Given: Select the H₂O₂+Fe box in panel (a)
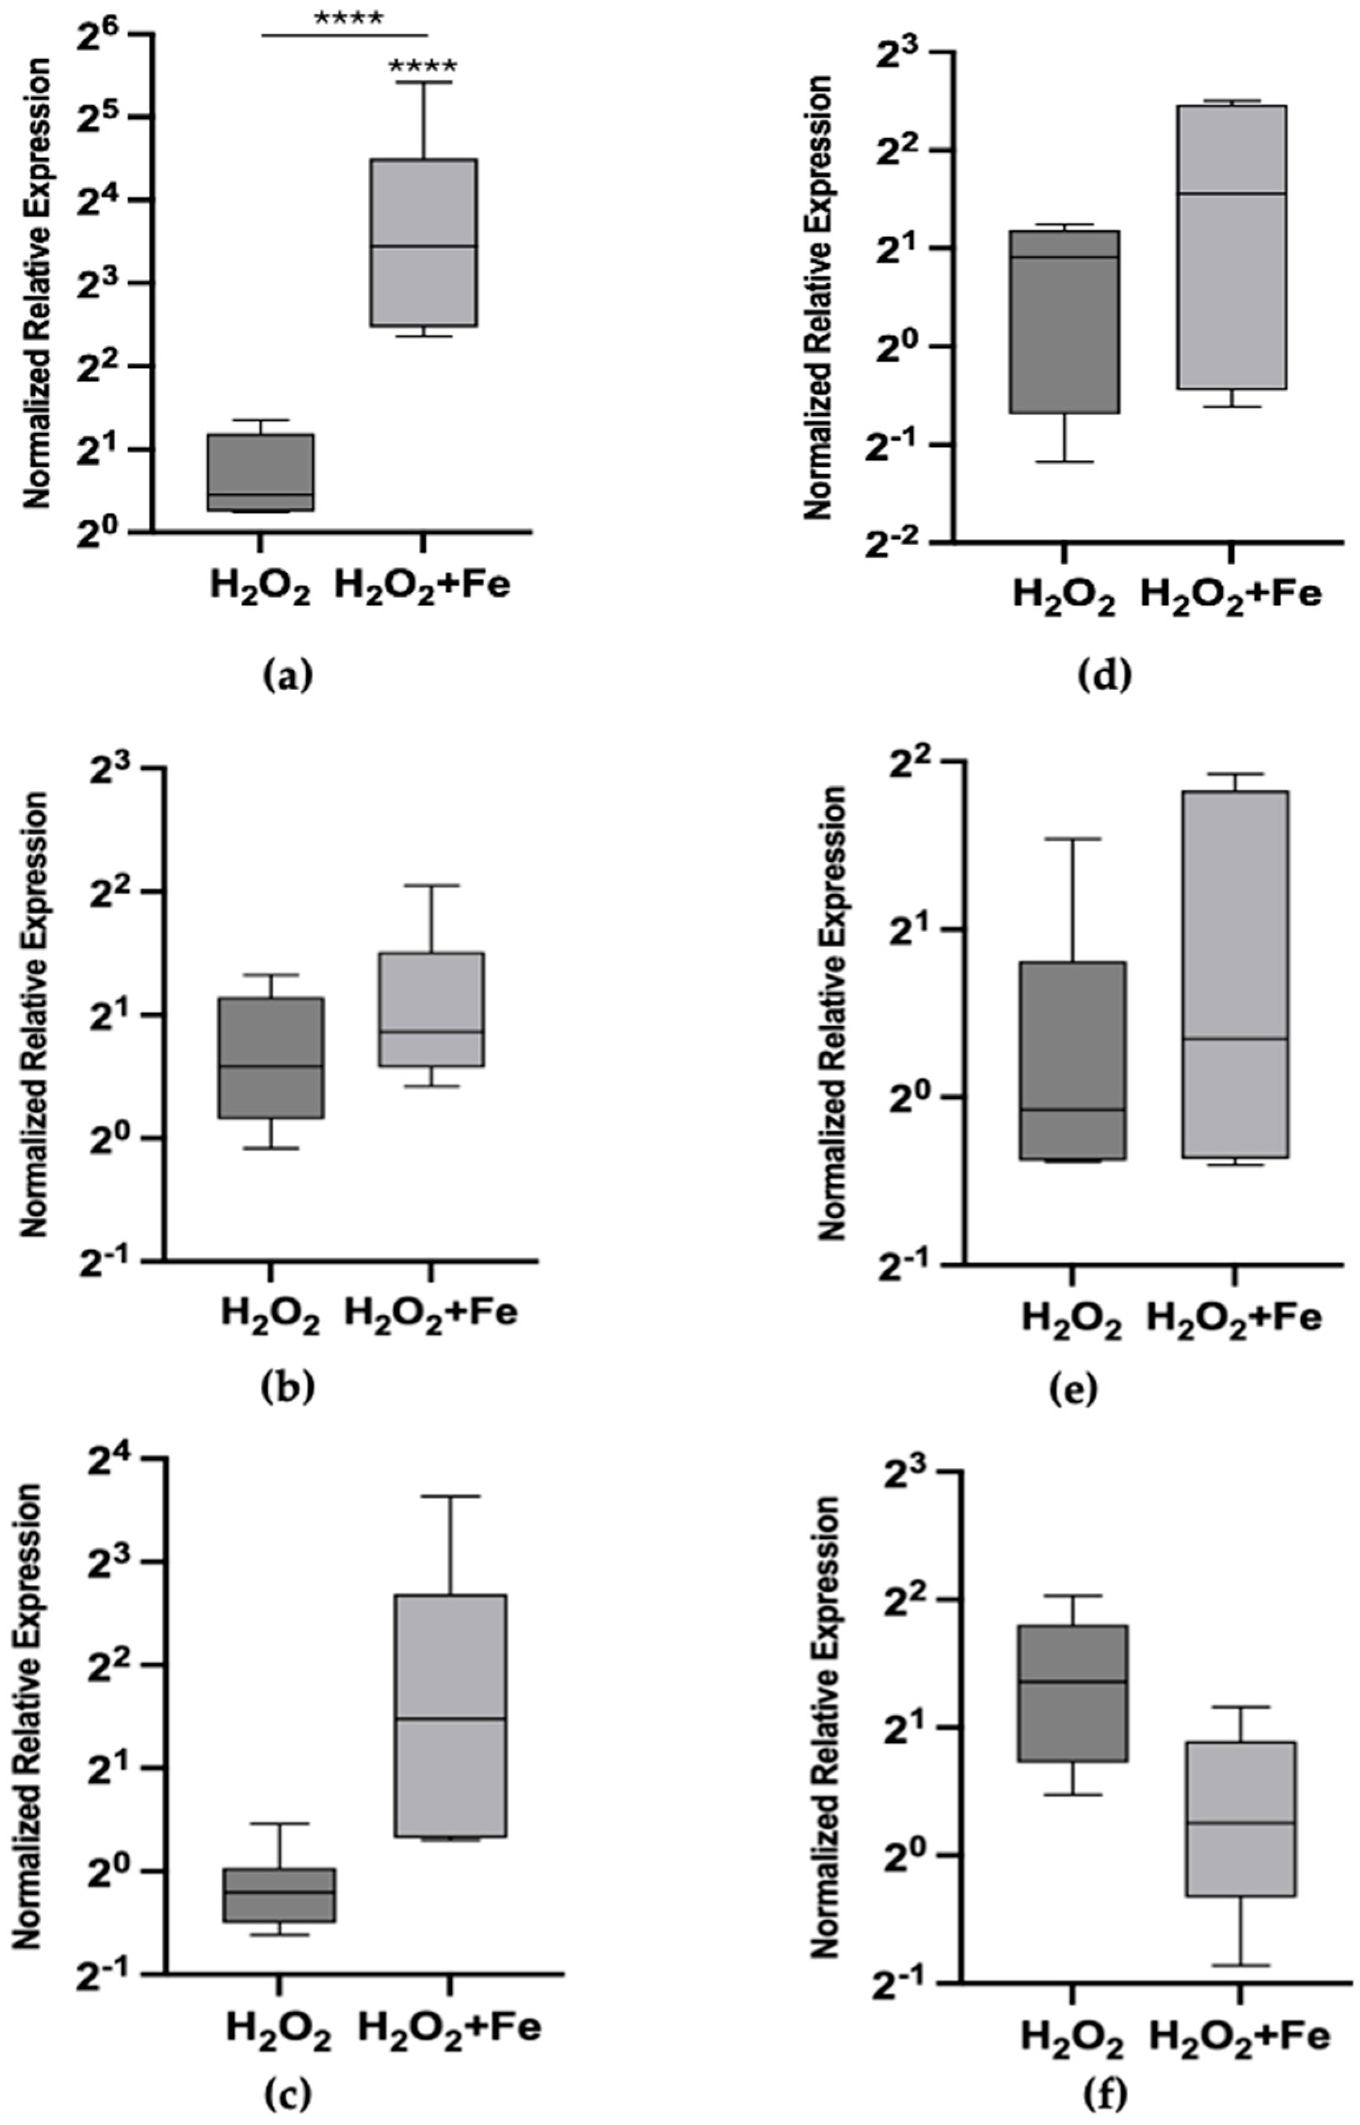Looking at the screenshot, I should (424, 242).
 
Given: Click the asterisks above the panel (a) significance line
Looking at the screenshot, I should (347, 18).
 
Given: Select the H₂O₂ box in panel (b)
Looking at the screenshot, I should (270, 1058).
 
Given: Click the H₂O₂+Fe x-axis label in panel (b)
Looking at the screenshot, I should (430, 1311).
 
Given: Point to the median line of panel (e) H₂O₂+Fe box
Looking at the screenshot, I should (1234, 1039).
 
